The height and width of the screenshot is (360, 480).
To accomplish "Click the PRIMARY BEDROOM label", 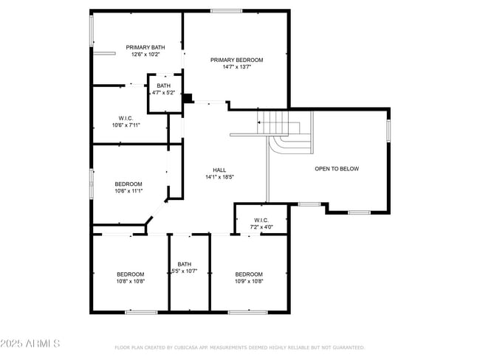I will coord(236,60).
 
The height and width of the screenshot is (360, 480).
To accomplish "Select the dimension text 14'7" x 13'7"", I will coord(236,67).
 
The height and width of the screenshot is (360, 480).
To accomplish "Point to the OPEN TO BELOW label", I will coord(337,169).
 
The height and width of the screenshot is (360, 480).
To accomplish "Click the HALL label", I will coord(219,169).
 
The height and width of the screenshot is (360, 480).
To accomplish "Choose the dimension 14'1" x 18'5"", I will coord(219,177).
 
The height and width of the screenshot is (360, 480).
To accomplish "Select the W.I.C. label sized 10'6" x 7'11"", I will coord(125,118).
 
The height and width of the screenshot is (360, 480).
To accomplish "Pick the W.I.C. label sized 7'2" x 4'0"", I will coord(260,220).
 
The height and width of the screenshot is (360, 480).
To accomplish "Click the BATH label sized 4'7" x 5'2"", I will coord(163,86).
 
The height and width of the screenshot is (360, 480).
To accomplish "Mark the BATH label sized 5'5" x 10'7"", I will coord(184,264).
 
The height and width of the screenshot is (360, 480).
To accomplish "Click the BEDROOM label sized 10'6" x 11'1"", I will coord(128,184).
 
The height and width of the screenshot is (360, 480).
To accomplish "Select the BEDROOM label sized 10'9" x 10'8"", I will coord(249,274).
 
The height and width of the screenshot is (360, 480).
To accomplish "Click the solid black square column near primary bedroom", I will coord(188,97).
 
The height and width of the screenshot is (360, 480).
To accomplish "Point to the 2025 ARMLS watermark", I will coord(31,345).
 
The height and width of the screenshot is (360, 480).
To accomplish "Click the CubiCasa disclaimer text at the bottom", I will coord(239,347).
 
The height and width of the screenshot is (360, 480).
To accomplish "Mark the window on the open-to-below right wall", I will coord(388,131).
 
